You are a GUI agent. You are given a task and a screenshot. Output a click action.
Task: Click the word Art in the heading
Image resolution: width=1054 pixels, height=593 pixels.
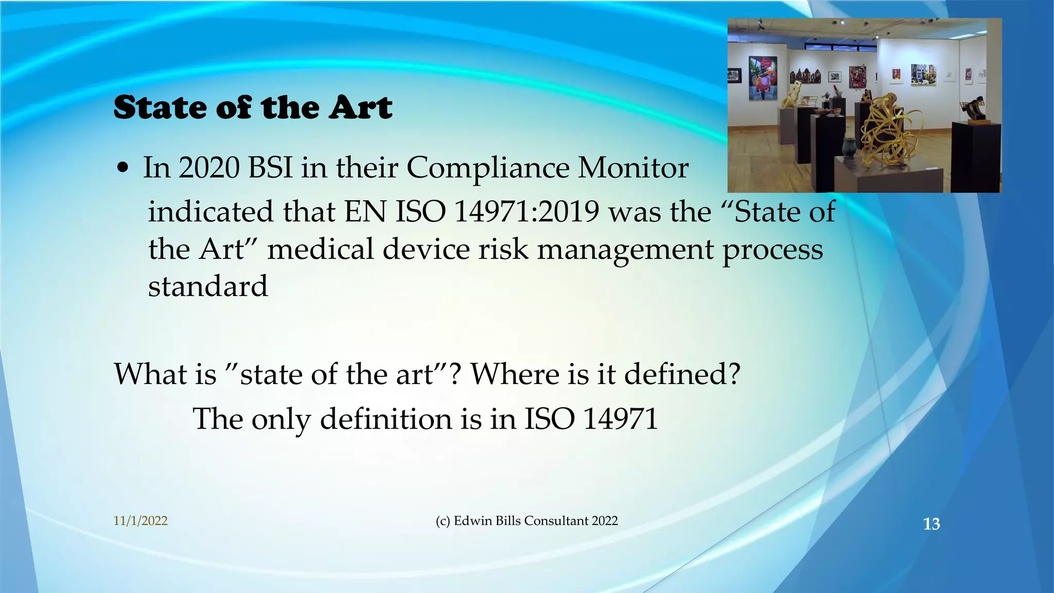click(x=361, y=108)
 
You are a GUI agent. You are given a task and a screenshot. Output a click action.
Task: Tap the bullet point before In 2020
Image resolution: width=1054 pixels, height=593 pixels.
click(x=122, y=169)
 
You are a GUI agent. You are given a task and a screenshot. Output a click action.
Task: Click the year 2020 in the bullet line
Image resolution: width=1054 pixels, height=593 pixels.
click(x=208, y=168)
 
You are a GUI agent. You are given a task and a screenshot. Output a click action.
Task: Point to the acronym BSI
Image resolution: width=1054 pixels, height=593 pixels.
click(x=270, y=168)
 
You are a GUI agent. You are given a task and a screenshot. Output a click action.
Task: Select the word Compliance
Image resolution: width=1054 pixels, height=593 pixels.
click(x=487, y=168)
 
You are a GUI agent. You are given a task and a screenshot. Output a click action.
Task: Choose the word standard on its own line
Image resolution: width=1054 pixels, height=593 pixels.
click(x=208, y=286)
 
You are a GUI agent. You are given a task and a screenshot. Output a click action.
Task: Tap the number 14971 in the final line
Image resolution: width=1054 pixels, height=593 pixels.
click(x=620, y=418)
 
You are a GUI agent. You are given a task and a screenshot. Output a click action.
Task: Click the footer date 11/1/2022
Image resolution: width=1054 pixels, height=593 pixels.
click(x=140, y=521)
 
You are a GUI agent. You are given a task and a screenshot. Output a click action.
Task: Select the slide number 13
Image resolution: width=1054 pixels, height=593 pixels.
click(x=932, y=524)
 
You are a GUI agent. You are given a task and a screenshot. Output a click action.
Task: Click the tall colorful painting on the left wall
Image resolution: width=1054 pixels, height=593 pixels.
click(x=762, y=77)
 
